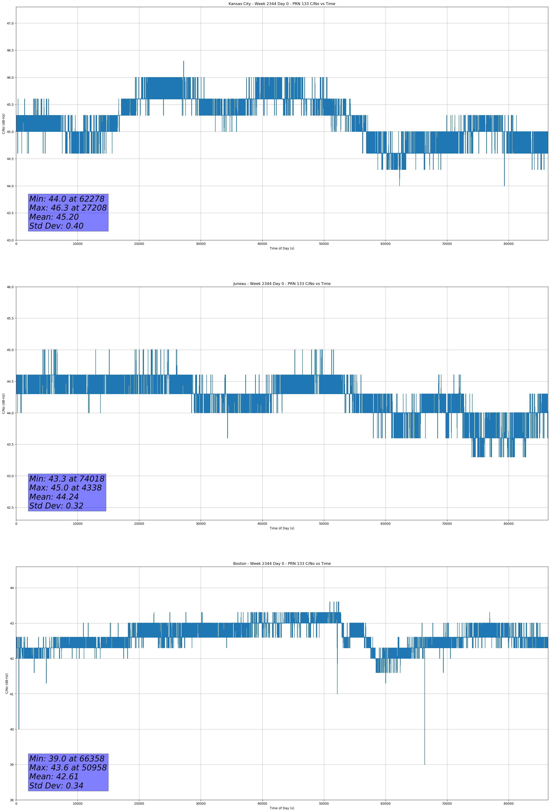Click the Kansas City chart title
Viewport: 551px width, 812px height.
pos(282,4)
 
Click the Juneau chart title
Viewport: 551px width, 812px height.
pos(282,284)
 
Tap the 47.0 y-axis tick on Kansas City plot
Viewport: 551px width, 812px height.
pos(10,23)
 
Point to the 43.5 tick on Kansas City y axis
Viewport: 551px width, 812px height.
pos(10,213)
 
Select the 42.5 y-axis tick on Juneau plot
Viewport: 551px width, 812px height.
pos(10,508)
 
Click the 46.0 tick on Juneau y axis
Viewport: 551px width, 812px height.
pos(10,287)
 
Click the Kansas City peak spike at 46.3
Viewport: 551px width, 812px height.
pos(184,62)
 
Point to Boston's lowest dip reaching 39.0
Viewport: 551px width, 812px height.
pos(424,763)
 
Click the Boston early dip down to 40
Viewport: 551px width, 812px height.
pos(19,728)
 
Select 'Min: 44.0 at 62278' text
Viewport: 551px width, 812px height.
pos(67,199)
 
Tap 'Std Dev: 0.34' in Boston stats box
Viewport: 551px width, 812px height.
pos(56,786)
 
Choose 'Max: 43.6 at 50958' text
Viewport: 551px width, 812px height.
pos(68,768)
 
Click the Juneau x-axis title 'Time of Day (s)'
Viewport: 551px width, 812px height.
pos(282,528)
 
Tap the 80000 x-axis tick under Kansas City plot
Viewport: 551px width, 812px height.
pos(508,244)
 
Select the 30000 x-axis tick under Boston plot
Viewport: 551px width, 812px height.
pos(200,804)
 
